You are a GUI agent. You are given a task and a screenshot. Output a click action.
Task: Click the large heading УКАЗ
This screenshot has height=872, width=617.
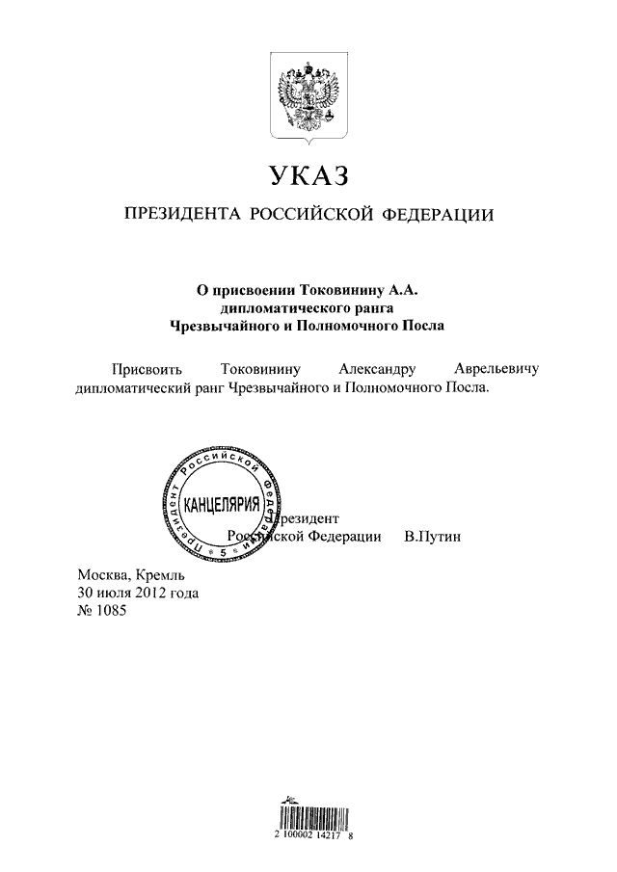[x=307, y=176]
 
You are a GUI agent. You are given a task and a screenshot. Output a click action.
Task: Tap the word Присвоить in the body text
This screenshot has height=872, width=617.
[x=145, y=369]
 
